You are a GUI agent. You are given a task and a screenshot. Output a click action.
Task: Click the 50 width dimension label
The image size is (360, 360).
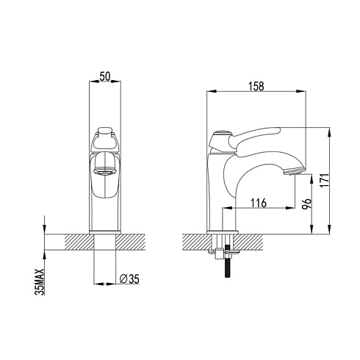(x=104, y=76)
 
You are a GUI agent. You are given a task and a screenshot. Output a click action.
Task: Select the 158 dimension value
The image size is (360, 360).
(x=256, y=87)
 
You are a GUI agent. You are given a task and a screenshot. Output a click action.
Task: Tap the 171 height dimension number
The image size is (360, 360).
(x=325, y=180)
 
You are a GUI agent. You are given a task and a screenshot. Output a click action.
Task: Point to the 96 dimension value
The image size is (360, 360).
(x=307, y=204)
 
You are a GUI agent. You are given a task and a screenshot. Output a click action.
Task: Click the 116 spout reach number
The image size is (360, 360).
(x=259, y=203)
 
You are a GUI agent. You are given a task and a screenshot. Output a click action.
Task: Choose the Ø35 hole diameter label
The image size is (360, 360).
(x=129, y=278)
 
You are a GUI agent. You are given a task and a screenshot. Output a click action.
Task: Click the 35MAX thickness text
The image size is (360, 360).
(x=40, y=281)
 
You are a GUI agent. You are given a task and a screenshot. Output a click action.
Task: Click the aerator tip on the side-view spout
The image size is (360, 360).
(x=294, y=170)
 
